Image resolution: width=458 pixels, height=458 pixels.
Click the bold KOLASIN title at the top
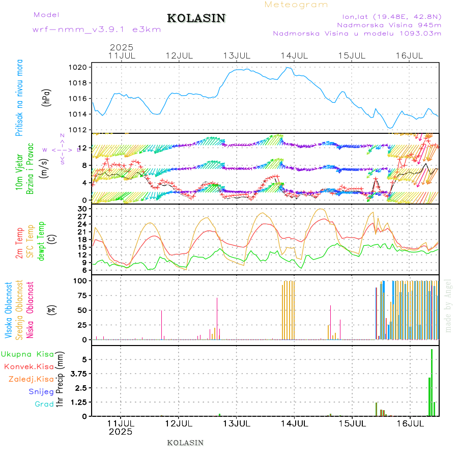(196, 18)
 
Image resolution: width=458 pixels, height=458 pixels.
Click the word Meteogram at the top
(296, 5)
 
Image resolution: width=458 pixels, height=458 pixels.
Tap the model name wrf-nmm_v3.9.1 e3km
(97, 30)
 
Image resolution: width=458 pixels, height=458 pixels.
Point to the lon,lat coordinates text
(391, 16)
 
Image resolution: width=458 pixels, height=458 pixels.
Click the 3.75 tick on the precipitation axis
(80, 374)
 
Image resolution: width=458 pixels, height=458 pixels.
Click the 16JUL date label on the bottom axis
(410, 423)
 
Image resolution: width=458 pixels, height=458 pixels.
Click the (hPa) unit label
(46, 97)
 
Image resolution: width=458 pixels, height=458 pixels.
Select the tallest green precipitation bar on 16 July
(432, 382)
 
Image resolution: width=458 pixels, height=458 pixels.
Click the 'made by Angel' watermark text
(448, 305)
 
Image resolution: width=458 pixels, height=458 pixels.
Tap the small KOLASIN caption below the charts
(185, 443)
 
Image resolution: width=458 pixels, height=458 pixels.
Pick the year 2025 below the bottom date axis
(121, 432)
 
